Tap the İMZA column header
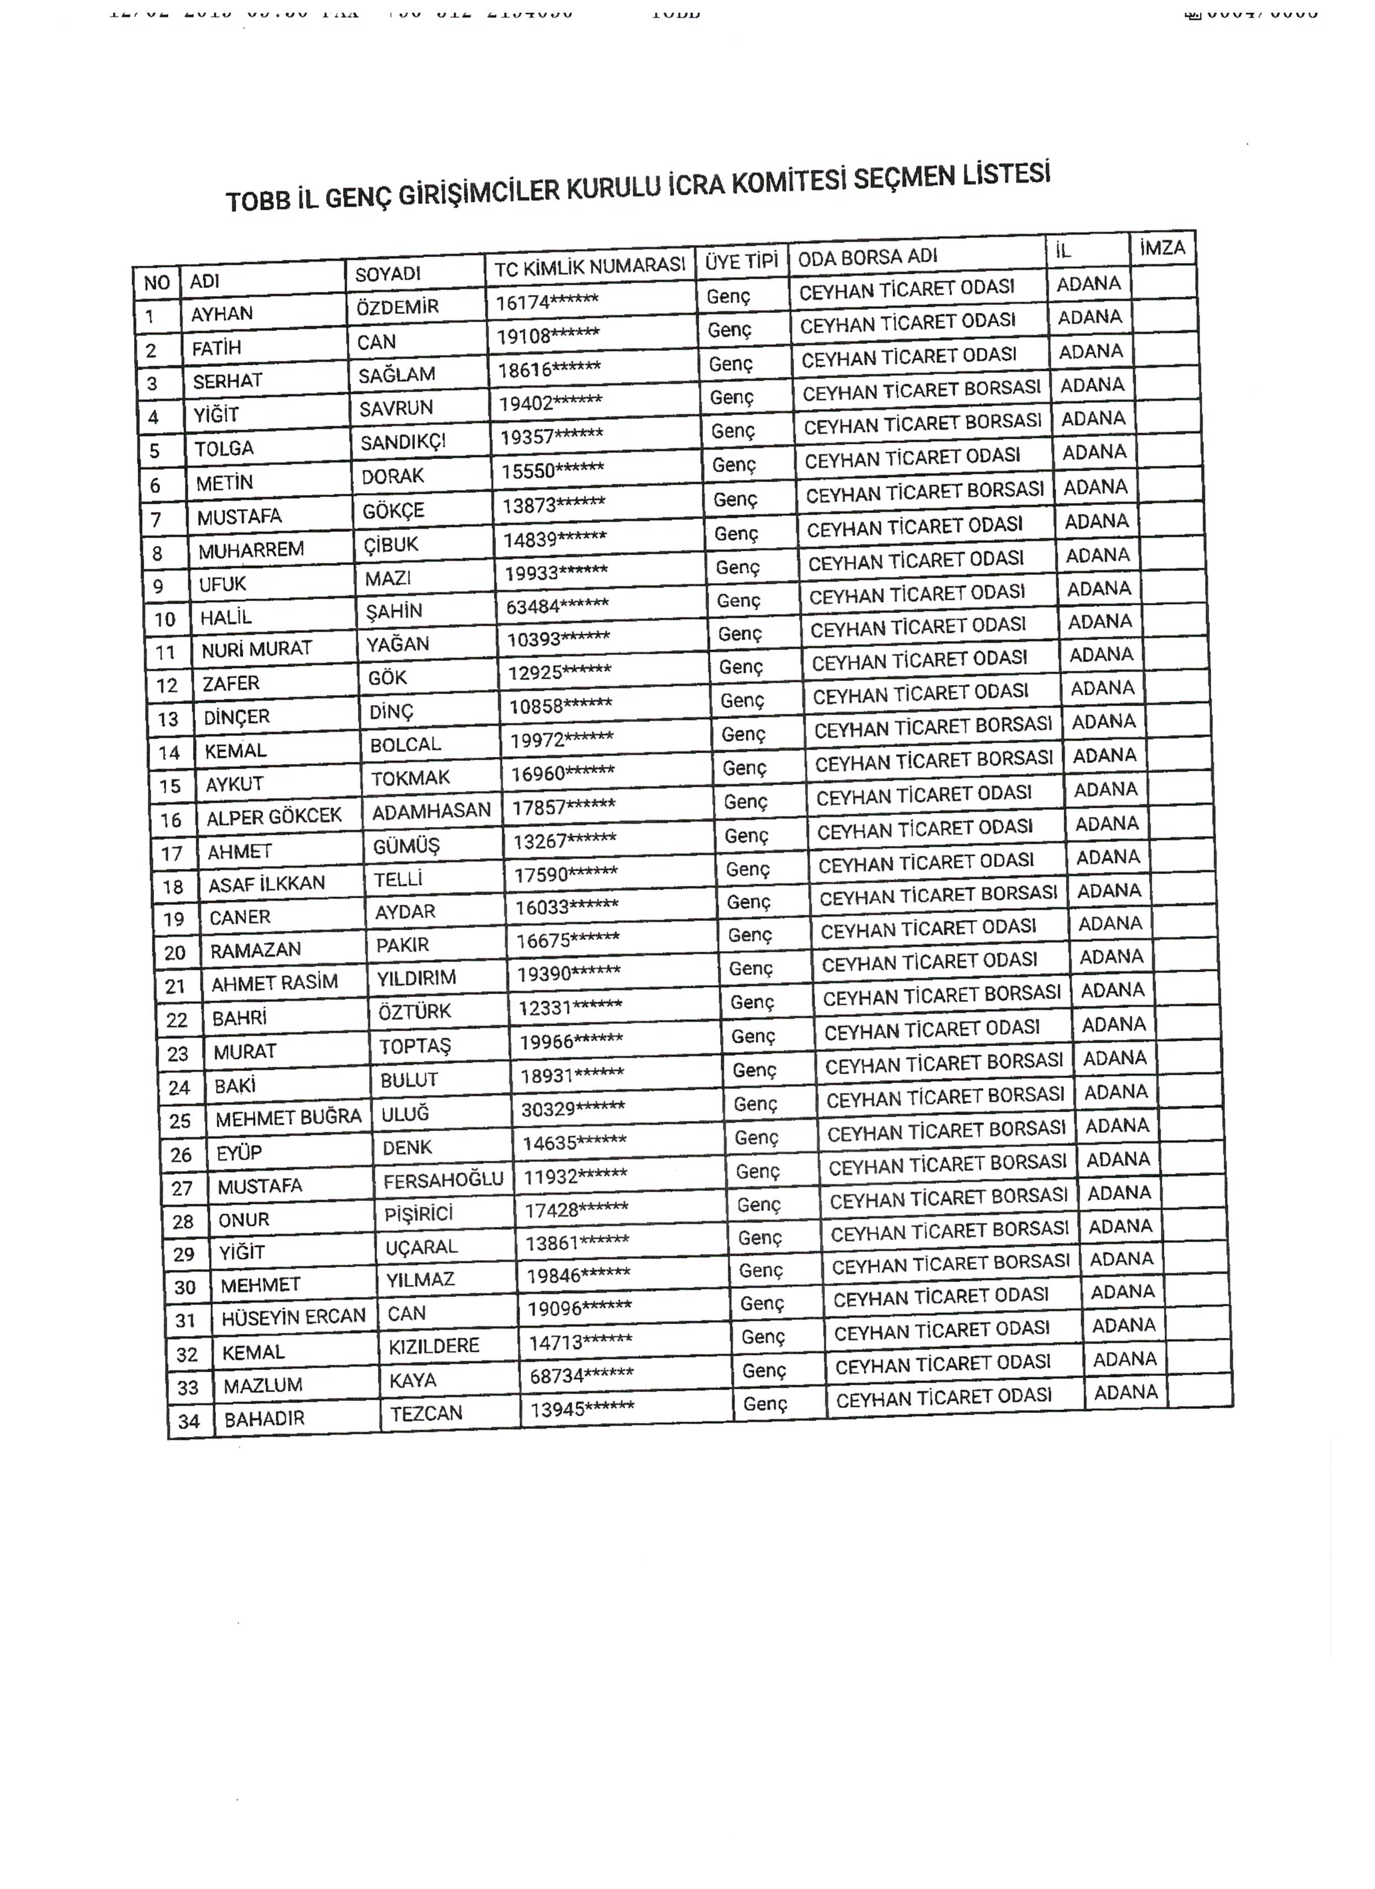tap(1162, 247)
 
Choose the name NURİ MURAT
tap(257, 649)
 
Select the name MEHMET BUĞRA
tap(288, 1118)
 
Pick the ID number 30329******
tap(573, 1108)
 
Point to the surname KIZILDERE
tap(434, 1346)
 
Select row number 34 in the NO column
tap(189, 1421)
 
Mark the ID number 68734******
tap(582, 1375)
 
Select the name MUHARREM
tap(251, 549)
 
